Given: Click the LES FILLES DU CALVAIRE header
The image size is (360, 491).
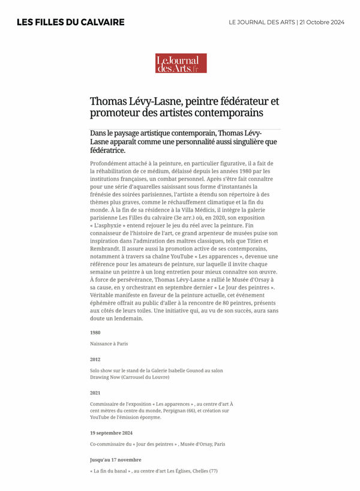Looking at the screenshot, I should tap(70, 22).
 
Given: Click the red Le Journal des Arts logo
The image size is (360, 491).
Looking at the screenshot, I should tap(181, 64).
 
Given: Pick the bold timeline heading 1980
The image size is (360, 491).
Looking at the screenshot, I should tap(95, 332).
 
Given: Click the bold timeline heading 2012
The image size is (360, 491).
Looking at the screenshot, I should tap(95, 359).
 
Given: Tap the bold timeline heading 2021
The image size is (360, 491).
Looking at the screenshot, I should tap(95, 392).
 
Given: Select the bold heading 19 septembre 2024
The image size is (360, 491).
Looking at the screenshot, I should tap(112, 432).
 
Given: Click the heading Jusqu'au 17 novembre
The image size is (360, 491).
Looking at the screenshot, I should tap(116, 459).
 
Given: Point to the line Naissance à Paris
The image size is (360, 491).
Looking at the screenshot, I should tap(109, 344).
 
